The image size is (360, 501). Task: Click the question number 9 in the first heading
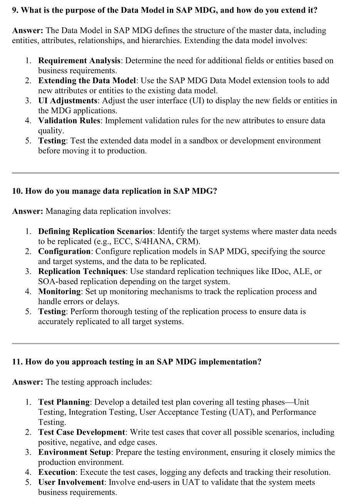pyautogui.click(x=15, y=10)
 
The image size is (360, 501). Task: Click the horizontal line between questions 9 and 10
pyautogui.click(x=175, y=173)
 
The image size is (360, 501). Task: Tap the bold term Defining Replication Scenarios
pyautogui.click(x=95, y=231)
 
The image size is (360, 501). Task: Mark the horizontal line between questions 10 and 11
pyautogui.click(x=175, y=343)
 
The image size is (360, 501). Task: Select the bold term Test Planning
pyautogui.click(x=64, y=402)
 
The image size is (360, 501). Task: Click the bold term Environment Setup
pyautogui.click(x=74, y=452)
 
